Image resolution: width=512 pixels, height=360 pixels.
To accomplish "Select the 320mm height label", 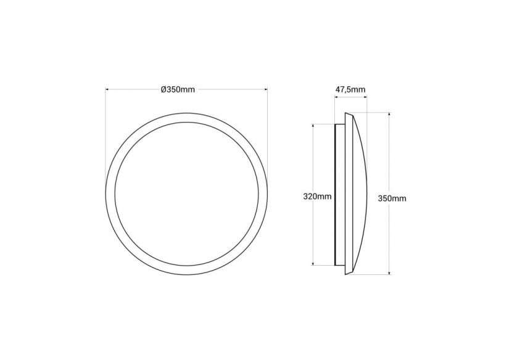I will [x=318, y=197].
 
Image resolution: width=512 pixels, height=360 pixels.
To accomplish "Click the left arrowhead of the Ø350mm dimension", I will [x=107, y=90].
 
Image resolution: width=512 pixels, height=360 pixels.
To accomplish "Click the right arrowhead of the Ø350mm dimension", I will [x=266, y=90].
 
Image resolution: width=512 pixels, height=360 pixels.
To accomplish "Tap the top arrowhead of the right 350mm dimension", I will [x=390, y=114].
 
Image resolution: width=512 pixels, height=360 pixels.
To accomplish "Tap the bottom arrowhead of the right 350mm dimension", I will [x=390, y=272].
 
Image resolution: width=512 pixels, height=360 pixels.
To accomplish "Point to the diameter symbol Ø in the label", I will [x=163, y=90].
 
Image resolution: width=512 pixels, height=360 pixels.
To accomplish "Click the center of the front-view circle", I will [x=186, y=194].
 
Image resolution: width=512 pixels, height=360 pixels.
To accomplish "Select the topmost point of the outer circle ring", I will [x=186, y=113].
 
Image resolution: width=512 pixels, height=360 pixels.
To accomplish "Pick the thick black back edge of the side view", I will [x=336, y=194].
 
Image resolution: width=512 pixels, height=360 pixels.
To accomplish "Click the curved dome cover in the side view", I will [x=361, y=194].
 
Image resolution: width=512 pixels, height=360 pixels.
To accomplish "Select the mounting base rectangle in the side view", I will [x=340, y=194].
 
